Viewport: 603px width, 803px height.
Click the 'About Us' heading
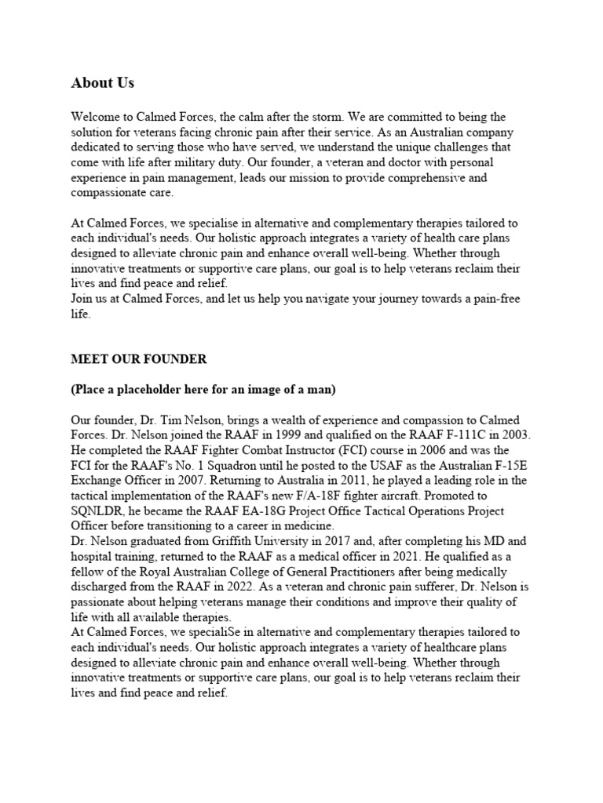(x=102, y=82)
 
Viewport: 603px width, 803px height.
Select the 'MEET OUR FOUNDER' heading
(x=139, y=360)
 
